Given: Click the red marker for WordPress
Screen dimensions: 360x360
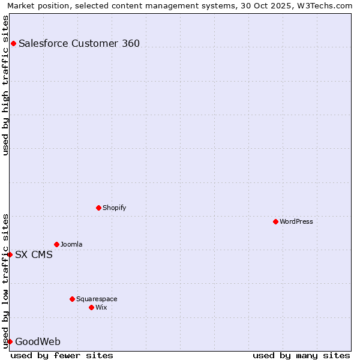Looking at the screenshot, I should [275, 221].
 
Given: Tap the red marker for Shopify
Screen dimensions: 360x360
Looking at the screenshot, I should [98, 208].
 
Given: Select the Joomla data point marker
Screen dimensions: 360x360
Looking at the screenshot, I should [56, 244].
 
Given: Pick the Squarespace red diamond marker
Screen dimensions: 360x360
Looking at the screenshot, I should [72, 299].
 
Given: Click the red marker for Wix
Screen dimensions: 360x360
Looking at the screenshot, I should [91, 307].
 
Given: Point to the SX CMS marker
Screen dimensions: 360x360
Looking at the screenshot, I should [10, 254].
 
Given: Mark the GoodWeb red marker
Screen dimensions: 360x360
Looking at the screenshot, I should [10, 341].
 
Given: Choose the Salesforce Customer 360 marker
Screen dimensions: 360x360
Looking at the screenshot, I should [13, 43].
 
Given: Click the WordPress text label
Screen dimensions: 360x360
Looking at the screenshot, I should [296, 221].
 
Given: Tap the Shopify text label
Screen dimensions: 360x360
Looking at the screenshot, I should [115, 208].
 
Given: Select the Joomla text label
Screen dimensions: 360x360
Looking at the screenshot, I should [71, 244].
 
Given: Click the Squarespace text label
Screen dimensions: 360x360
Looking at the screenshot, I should [97, 299].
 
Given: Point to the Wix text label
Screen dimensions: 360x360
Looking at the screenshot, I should [101, 307].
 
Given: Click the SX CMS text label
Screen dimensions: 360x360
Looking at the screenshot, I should [34, 254].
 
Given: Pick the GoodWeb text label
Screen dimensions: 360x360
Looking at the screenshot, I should [38, 341].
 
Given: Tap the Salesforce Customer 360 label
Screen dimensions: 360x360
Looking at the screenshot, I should [79, 43].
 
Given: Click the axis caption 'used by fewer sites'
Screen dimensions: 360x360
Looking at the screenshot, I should [62, 355].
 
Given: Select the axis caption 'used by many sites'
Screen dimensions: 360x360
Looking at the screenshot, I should [301, 355].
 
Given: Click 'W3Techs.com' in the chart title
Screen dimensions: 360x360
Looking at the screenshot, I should [326, 5].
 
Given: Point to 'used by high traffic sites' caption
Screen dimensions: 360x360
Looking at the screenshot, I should [5, 85].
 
